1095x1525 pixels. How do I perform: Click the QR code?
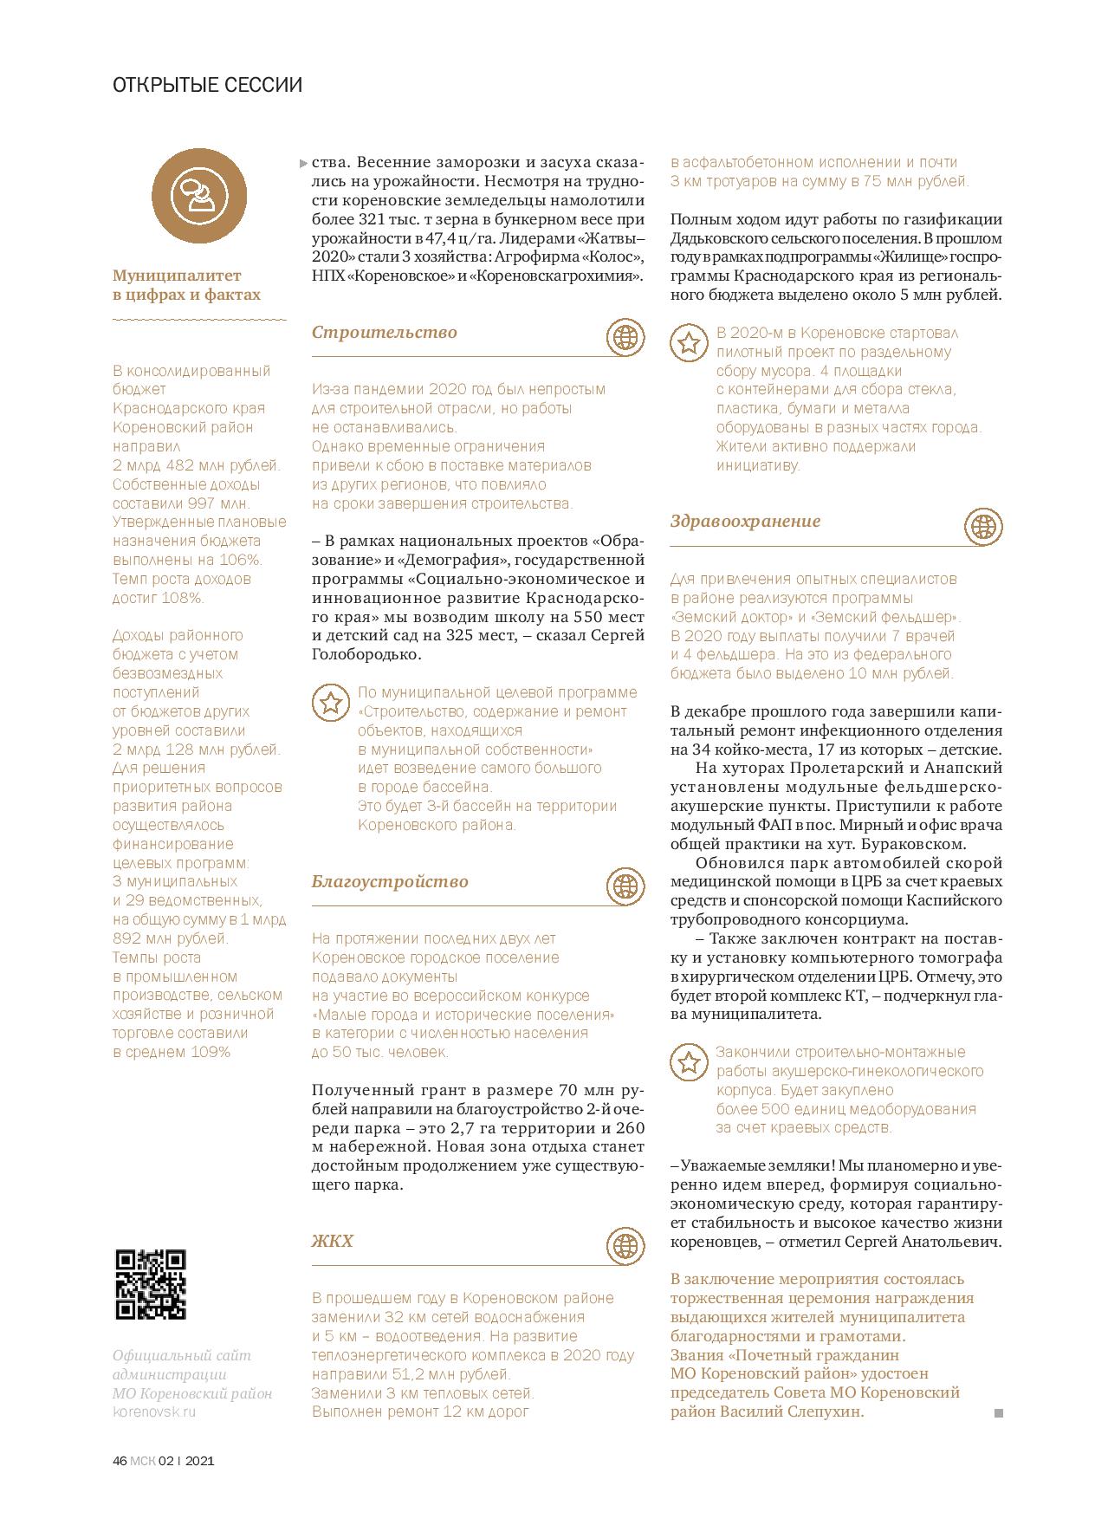(151, 1284)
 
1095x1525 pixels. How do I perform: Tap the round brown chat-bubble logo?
(199, 197)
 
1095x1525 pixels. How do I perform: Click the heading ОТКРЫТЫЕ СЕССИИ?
(208, 86)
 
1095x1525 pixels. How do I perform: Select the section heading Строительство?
(385, 333)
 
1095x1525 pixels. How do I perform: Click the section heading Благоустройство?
(390, 882)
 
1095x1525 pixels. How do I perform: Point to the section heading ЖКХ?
(333, 1242)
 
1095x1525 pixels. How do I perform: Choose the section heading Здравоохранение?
(745, 522)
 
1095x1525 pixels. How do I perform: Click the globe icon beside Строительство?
(625, 336)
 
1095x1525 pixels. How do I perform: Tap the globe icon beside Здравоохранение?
(983, 526)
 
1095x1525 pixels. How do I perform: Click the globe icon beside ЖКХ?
(625, 1245)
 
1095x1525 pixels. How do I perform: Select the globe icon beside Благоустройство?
(625, 886)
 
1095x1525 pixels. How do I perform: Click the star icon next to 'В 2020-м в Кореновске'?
(689, 343)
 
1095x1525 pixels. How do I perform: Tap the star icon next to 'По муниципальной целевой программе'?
(330, 703)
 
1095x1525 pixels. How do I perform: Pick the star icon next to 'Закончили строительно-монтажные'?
(688, 1062)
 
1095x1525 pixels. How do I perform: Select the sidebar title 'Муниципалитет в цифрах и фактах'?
(186, 285)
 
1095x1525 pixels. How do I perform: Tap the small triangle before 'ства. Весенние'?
(302, 163)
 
